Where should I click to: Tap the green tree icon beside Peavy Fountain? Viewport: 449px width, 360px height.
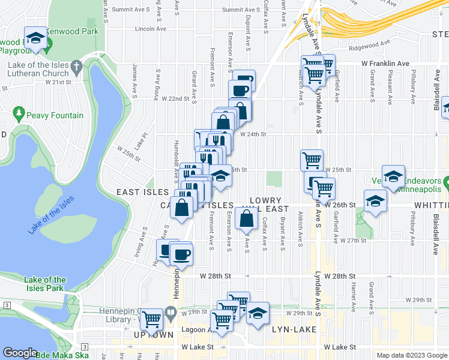[x=19, y=113]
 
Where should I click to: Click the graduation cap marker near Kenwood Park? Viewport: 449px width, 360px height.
[x=36, y=39]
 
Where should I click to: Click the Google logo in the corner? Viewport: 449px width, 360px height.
[x=19, y=353]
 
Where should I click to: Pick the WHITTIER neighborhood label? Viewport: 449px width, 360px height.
[x=430, y=205]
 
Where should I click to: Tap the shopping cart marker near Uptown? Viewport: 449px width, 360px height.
[x=152, y=319]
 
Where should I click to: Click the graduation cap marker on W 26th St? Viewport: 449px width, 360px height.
[x=375, y=201]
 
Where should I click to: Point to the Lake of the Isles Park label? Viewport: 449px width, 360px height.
[x=46, y=284]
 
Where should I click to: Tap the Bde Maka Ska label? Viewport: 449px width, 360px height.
[x=62, y=355]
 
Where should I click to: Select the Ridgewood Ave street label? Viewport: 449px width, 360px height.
[x=370, y=43]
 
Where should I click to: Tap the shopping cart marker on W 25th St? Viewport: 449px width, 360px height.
[x=312, y=160]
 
